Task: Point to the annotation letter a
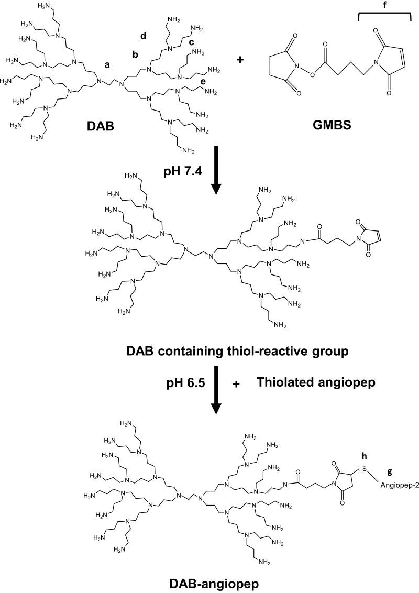tap(107, 65)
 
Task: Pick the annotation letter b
tap(135, 54)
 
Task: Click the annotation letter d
tap(143, 36)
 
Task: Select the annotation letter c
tap(191, 42)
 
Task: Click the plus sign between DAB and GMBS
tap(240, 60)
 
